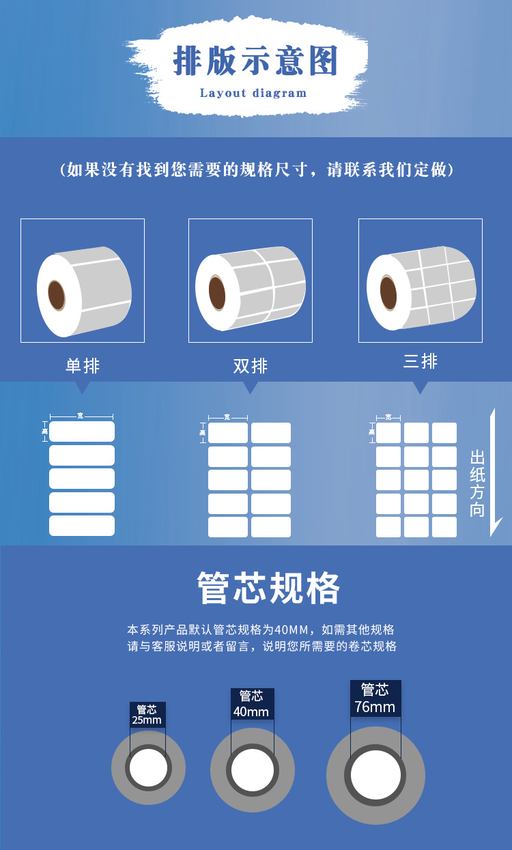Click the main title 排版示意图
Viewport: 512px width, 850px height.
coord(255,61)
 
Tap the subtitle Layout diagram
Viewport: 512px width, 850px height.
coord(253,93)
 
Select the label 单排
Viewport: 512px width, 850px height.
coord(83,366)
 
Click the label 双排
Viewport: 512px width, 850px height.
coord(251,366)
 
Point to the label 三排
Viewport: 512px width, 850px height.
coord(421,361)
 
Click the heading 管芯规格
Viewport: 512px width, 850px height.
coord(268,588)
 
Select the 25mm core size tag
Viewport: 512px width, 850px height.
coord(147,715)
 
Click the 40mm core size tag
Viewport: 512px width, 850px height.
coord(252,704)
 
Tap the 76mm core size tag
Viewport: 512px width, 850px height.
coord(375,698)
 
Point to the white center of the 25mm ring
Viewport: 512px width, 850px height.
coord(148,767)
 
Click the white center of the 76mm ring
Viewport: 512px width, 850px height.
coord(375,775)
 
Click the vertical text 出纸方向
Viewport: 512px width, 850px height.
coord(477,483)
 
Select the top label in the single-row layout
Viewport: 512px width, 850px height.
coord(82,431)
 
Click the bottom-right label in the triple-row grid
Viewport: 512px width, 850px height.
coord(444,527)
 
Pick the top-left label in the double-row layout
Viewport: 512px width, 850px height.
coord(228,433)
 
